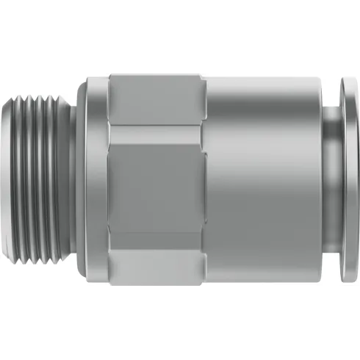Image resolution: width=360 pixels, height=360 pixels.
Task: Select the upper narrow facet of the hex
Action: pos(156,99)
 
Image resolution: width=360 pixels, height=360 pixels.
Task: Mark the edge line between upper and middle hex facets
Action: pos(156,126)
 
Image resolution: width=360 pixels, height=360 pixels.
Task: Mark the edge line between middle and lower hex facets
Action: pos(156,234)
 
